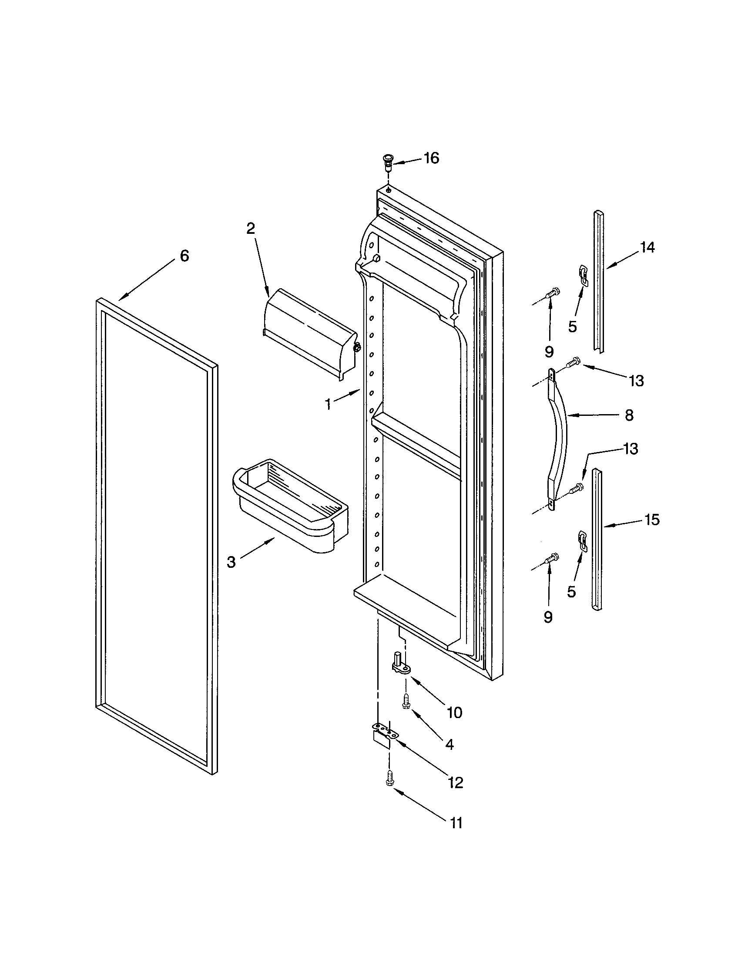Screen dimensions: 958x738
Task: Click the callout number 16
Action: click(x=431, y=159)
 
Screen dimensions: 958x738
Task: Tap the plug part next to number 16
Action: click(x=387, y=163)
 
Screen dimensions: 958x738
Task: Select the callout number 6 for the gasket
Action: click(x=184, y=256)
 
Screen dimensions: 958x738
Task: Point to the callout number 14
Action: click(x=647, y=248)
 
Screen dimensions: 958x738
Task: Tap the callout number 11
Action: click(x=456, y=823)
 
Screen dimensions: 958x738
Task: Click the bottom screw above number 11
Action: click(x=389, y=779)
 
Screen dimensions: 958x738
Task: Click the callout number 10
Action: click(x=454, y=713)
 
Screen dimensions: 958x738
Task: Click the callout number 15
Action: click(x=652, y=520)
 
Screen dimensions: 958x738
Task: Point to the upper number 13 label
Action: click(x=636, y=381)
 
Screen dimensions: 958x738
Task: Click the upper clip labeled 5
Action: click(x=582, y=275)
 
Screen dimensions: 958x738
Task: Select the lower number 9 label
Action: click(x=548, y=617)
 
